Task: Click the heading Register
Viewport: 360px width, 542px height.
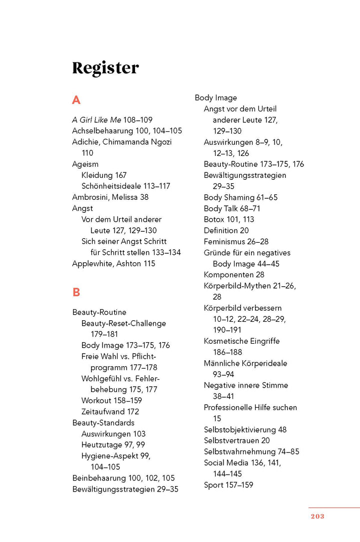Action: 105,68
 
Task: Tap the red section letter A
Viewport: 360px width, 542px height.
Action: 76,100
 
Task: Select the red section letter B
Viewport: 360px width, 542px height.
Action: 76,292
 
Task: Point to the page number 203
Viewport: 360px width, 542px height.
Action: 317,516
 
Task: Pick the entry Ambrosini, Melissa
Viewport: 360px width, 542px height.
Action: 110,197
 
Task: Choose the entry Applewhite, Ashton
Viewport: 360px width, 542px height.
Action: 113,263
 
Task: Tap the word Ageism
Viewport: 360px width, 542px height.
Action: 85,164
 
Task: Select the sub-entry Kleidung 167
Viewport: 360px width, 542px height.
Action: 103,175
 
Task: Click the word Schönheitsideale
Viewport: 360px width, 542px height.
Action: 112,186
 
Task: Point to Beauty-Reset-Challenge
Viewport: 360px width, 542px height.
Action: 123,323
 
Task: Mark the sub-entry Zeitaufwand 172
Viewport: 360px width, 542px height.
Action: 110,412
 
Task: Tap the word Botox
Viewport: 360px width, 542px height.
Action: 214,219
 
